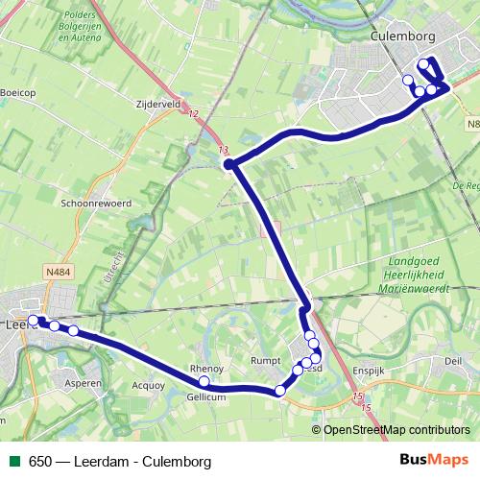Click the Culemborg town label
click(x=402, y=36)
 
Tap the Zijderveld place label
click(x=158, y=105)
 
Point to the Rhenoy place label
click(x=206, y=369)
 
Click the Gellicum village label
click(x=206, y=396)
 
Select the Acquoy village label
click(x=149, y=386)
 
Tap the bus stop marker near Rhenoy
click(x=204, y=381)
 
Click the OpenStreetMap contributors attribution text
click(x=396, y=430)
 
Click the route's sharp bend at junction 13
click(x=229, y=165)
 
